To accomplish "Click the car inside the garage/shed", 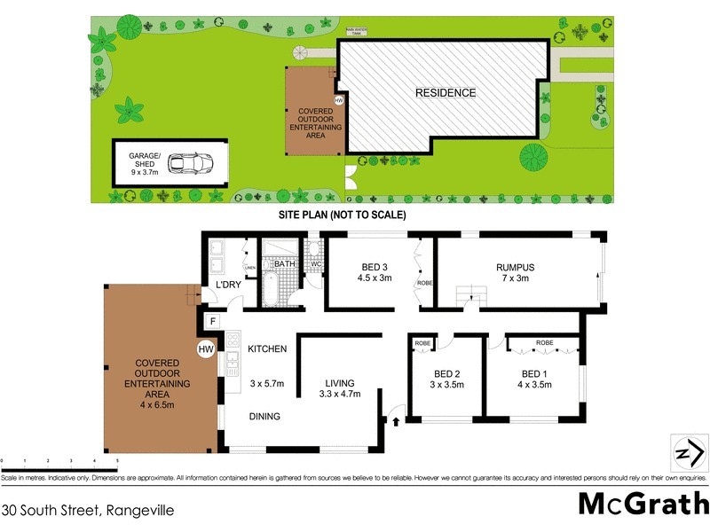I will pyautogui.click(x=189, y=164).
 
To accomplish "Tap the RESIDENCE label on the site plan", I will pyautogui.click(x=446, y=93).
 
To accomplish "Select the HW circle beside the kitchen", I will pyautogui.click(x=206, y=350).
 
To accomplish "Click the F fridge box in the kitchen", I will pyautogui.click(x=213, y=321).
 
